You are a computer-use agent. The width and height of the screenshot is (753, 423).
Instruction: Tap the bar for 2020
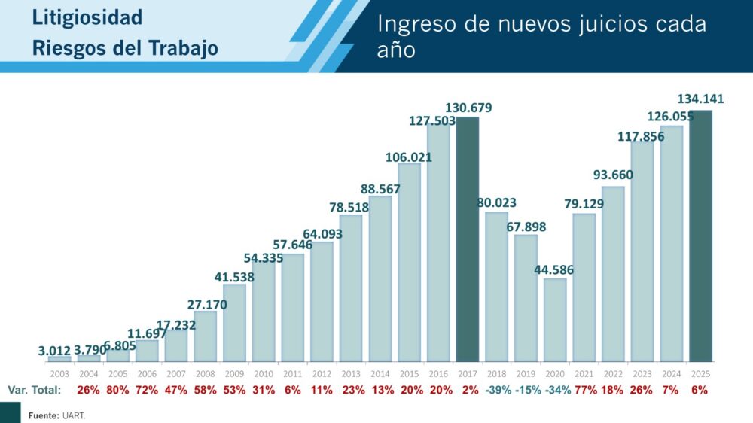[x=555, y=320]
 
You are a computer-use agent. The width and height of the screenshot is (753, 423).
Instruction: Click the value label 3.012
[x=55, y=350]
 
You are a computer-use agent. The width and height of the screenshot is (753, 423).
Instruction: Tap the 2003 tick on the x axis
[x=59, y=373]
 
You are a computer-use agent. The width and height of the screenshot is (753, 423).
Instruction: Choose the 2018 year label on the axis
[x=497, y=373]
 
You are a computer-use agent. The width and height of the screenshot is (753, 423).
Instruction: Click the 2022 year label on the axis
[x=614, y=373]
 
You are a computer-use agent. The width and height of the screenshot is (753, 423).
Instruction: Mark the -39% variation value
[x=497, y=391]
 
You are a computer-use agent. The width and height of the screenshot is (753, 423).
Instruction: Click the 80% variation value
[x=117, y=391]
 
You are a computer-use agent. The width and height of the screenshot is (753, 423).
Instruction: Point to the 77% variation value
[x=584, y=391]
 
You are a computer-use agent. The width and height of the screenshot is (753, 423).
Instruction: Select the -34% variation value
[x=555, y=391]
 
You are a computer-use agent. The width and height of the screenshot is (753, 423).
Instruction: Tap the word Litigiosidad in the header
[x=87, y=17]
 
